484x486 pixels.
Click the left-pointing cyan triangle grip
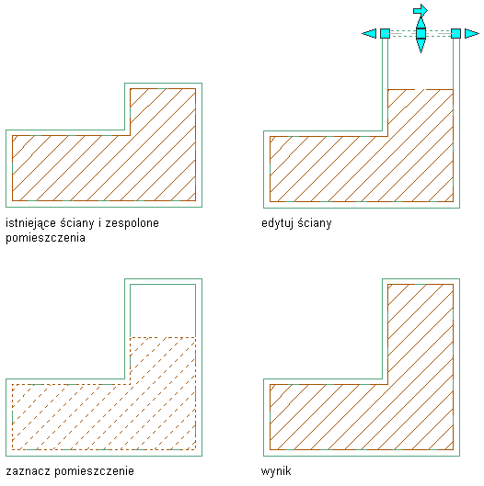(370, 33)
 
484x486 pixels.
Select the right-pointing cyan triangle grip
(472, 33)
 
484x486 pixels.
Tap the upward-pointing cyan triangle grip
(421, 22)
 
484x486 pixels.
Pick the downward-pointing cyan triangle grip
(421, 45)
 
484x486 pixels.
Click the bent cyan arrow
(421, 10)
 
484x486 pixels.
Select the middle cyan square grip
(421, 33)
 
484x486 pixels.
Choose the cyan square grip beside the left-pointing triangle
(385, 33)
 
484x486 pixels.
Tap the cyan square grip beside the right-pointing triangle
(455, 33)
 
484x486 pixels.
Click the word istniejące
(30, 223)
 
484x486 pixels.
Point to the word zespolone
(133, 223)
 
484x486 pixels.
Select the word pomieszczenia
(46, 238)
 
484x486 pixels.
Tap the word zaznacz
(28, 471)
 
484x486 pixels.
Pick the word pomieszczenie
(95, 471)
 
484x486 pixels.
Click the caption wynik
(276, 471)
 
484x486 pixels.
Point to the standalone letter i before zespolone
(100, 223)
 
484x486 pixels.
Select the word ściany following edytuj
(315, 223)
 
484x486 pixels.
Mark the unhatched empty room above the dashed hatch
(163, 311)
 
